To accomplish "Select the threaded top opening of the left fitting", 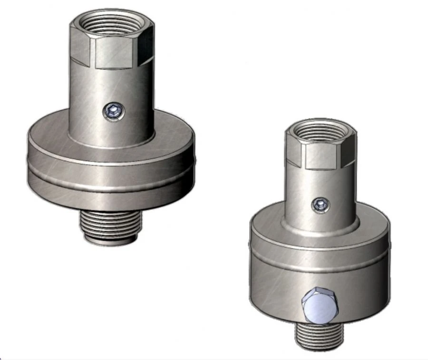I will [112, 22].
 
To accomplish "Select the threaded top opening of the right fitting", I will [320, 131].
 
